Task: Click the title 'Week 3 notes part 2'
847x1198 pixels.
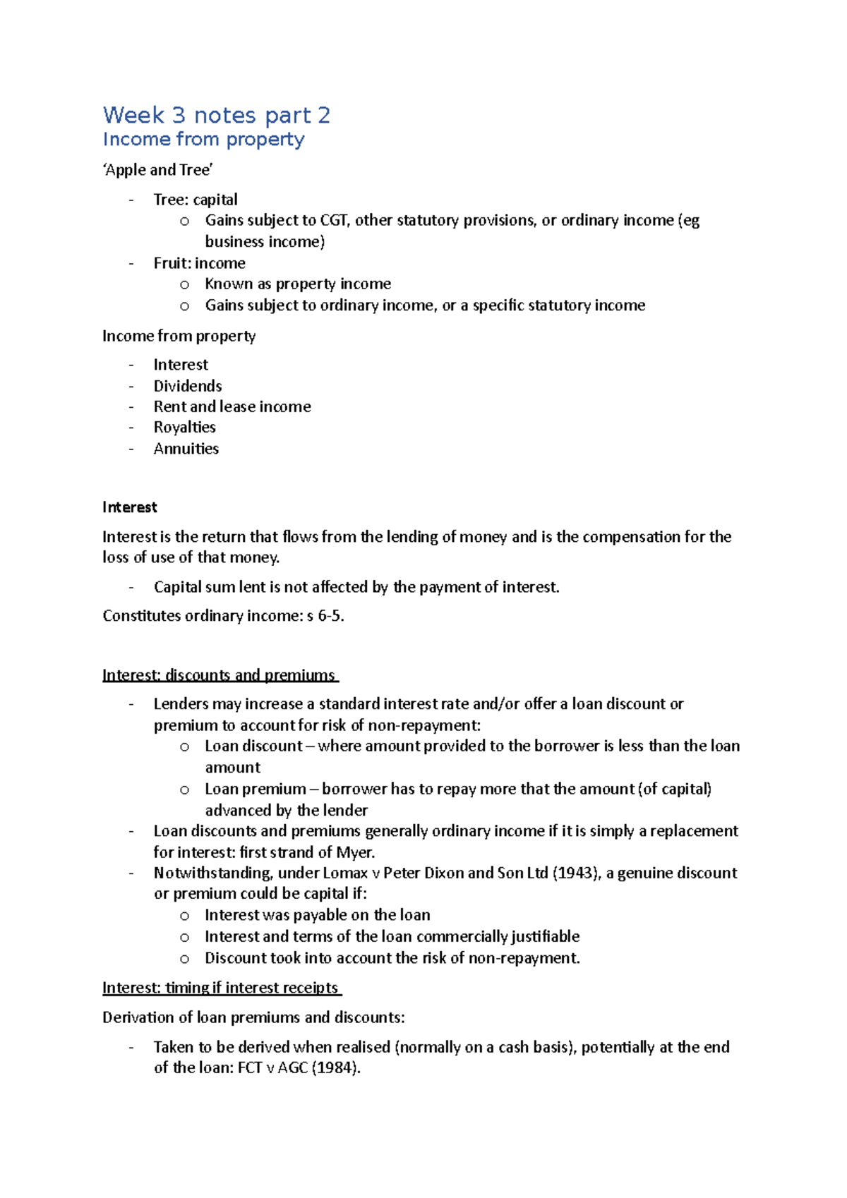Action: coord(216,115)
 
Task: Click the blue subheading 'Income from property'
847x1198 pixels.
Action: coord(203,140)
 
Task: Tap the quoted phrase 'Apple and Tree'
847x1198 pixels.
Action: coord(158,170)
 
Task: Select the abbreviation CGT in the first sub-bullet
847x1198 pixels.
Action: coord(334,220)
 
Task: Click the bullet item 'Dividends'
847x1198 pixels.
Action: coord(188,386)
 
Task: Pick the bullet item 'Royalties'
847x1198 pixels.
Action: coord(184,428)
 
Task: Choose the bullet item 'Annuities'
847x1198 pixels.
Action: coord(186,449)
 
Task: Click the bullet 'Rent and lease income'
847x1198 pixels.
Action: coord(232,406)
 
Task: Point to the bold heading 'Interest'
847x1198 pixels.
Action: coord(129,507)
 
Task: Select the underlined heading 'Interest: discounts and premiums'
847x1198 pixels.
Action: coord(220,675)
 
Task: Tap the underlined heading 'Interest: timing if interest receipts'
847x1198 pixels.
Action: coord(221,988)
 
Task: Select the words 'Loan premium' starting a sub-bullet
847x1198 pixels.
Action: coord(255,789)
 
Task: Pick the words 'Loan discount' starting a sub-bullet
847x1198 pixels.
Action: coord(253,746)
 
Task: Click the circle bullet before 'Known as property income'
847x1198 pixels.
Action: coord(185,285)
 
